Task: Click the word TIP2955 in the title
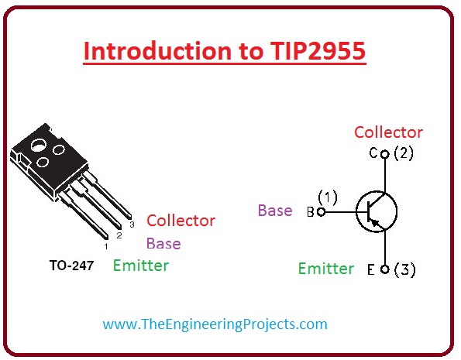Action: (313, 51)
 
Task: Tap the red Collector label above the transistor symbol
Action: (388, 132)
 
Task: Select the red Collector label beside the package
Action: (181, 221)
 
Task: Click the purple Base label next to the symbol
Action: (275, 211)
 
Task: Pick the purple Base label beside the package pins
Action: (163, 243)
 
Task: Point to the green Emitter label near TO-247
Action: (141, 266)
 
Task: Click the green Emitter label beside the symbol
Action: (326, 269)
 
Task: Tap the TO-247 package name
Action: (71, 266)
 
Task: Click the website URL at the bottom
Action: (215, 324)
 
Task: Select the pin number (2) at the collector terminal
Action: (404, 153)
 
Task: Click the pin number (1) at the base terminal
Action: (329, 198)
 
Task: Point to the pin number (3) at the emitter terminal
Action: (404, 270)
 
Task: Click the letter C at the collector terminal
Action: (373, 153)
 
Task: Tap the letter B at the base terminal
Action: (311, 212)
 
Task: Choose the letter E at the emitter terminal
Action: (370, 270)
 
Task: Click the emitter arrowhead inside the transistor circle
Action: (377, 223)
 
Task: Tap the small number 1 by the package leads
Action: (105, 245)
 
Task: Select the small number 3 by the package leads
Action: (132, 225)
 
